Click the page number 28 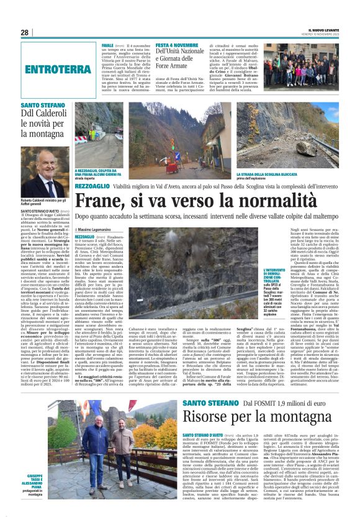[x=25, y=32]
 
